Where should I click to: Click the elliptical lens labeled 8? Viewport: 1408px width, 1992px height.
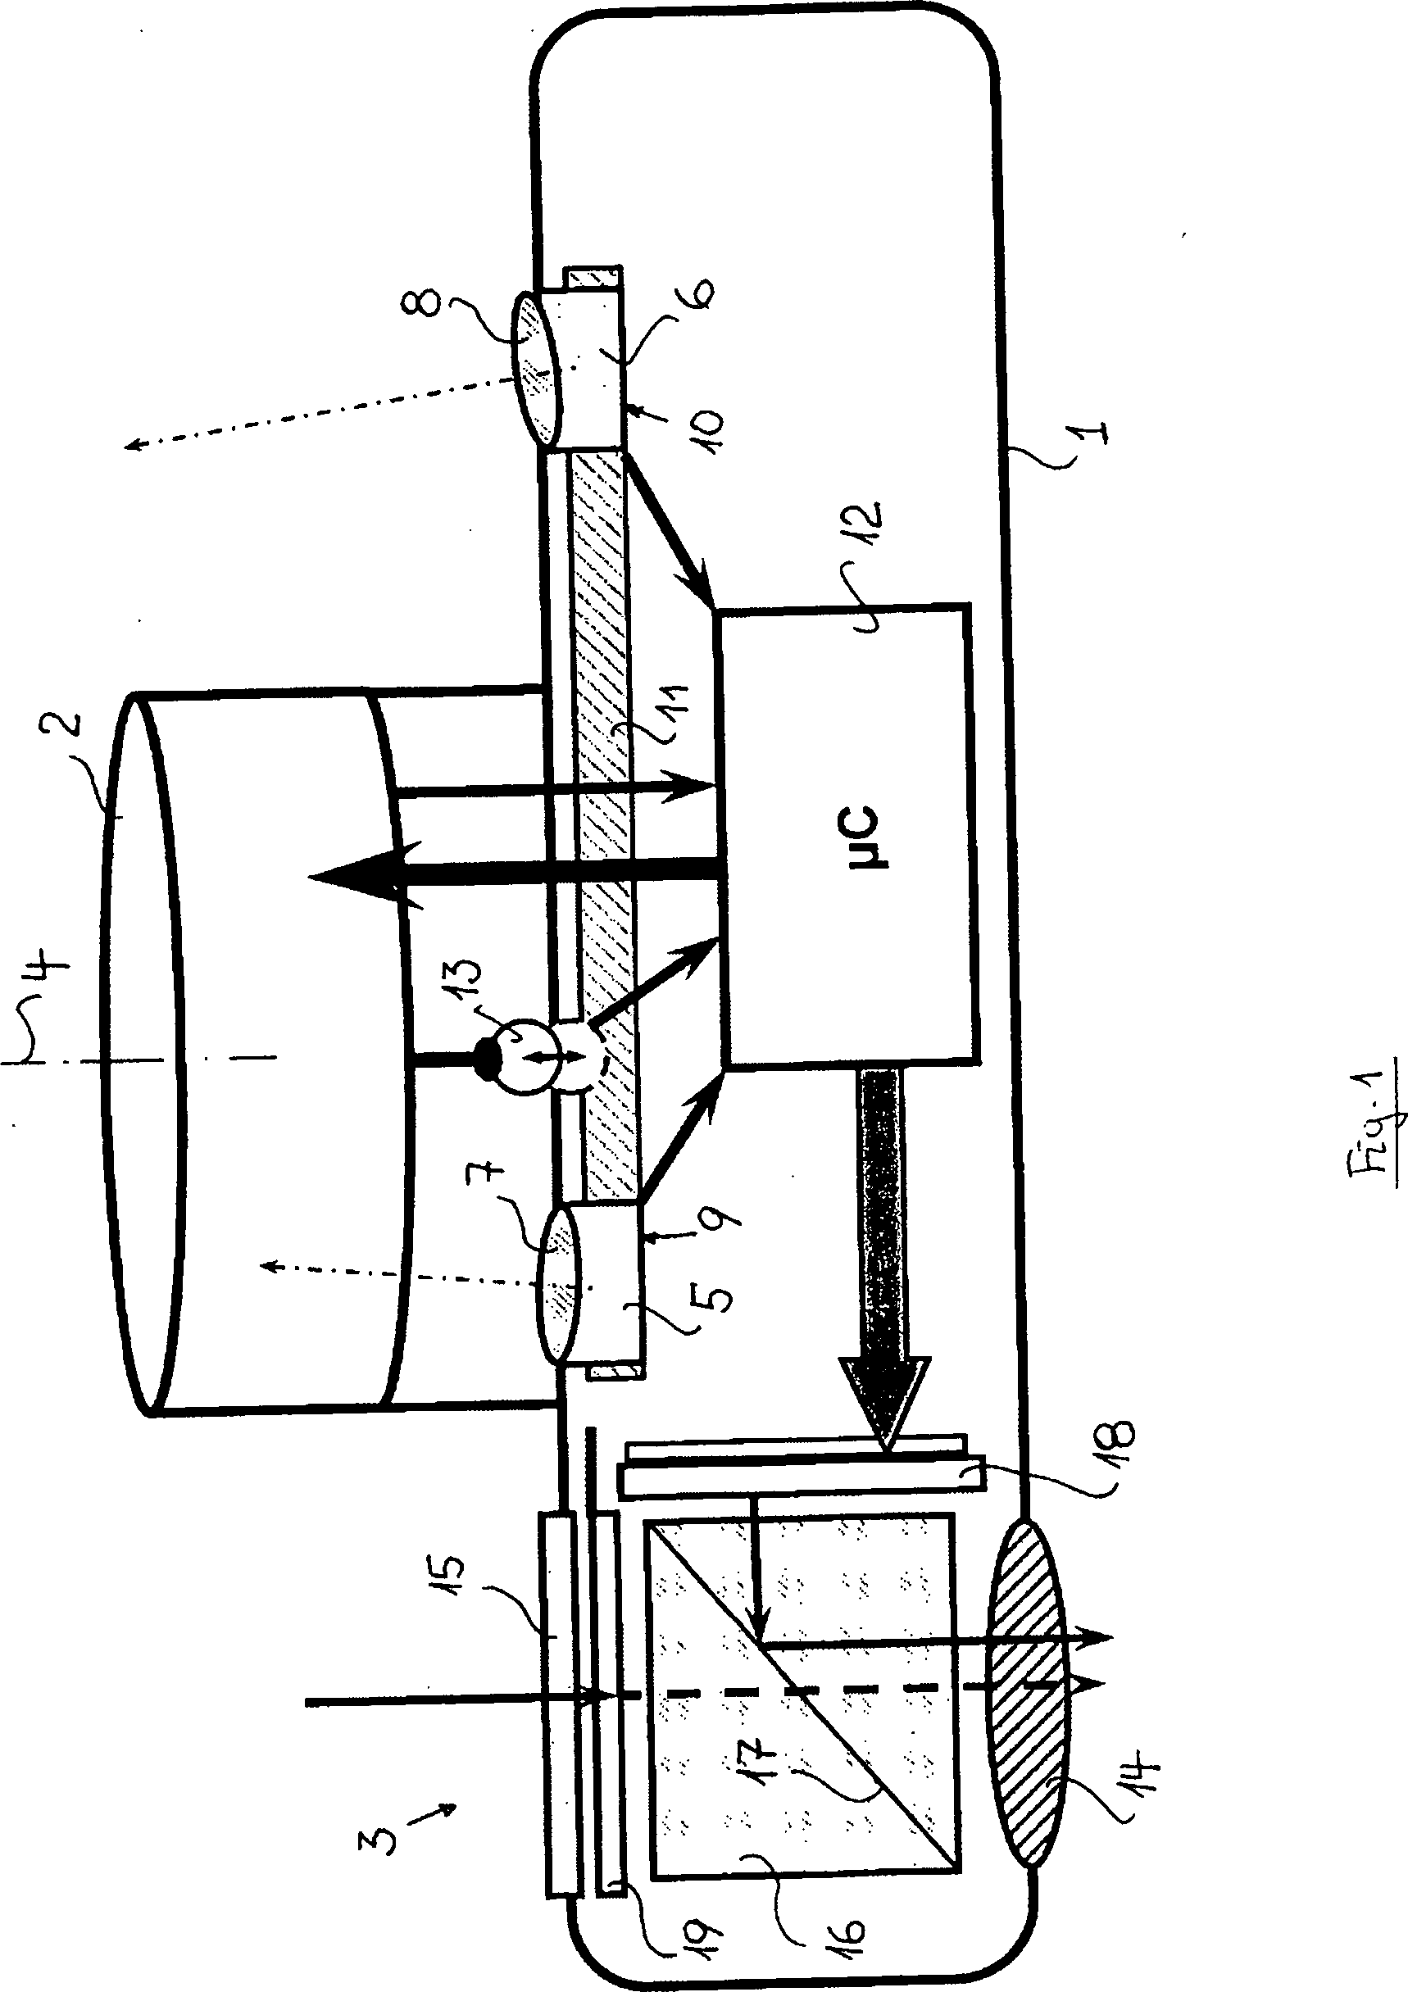pyautogui.click(x=534, y=370)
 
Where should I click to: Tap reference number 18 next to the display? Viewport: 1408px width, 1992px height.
pyautogui.click(x=1111, y=1445)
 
